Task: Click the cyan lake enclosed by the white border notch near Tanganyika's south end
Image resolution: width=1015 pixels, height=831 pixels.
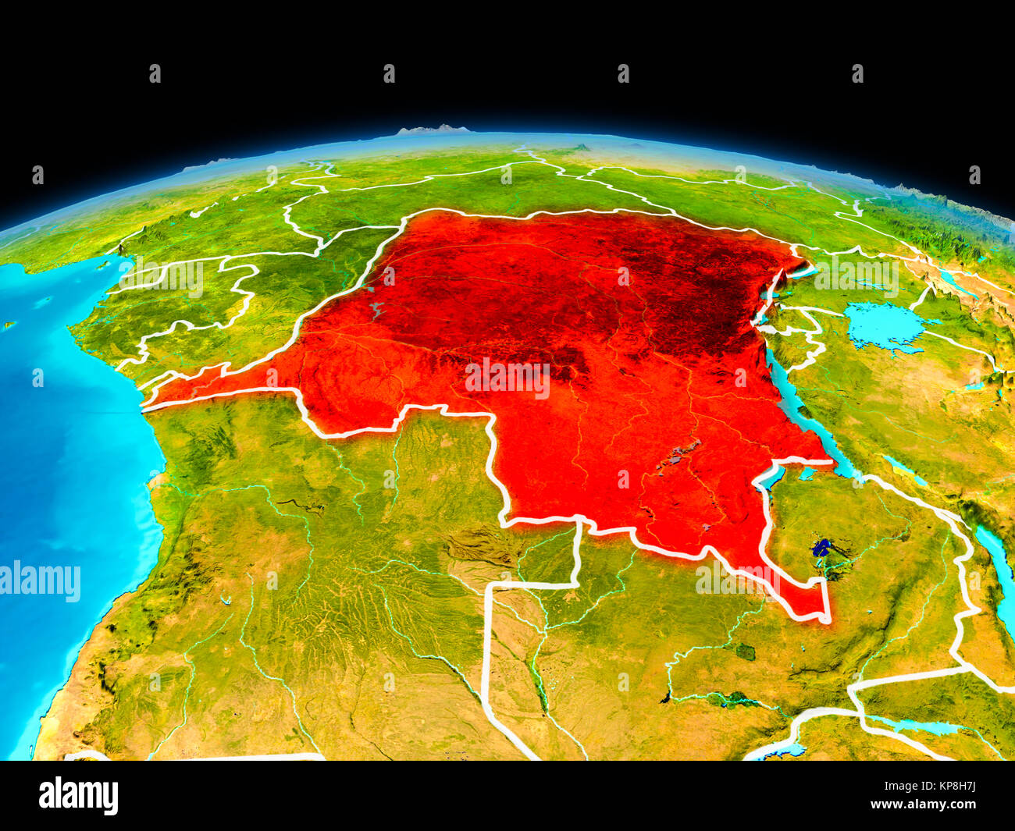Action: pos(804,473)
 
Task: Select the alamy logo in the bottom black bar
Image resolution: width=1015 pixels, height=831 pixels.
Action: pos(78,795)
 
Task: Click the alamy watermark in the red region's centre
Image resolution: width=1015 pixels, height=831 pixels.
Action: pos(507,378)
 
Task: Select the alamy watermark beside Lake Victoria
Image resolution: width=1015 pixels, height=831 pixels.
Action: pos(857,275)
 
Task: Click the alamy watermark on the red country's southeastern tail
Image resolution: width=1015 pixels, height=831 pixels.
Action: pos(738,579)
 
